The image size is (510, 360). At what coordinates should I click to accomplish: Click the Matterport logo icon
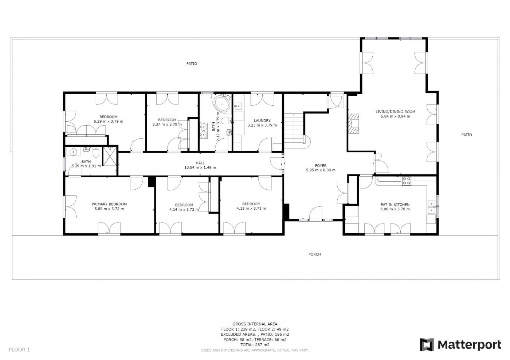[x=427, y=344]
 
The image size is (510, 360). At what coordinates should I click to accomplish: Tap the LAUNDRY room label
[x=262, y=120]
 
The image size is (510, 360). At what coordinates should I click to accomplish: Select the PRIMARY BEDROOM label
[x=109, y=204]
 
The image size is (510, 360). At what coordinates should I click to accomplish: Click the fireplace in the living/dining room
[x=353, y=123]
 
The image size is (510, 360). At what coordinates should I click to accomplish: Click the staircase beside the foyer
[x=294, y=131]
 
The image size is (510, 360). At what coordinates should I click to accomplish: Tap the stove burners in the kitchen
[x=407, y=181]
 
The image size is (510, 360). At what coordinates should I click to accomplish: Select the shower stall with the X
[x=110, y=156]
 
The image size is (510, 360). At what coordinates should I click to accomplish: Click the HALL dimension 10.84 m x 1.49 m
[x=200, y=167]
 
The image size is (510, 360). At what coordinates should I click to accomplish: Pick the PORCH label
[x=315, y=254]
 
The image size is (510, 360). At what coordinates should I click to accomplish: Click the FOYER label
[x=321, y=166]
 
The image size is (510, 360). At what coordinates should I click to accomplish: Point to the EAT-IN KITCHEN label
[x=395, y=205]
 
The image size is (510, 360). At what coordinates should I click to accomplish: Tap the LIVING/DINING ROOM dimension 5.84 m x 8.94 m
[x=396, y=116]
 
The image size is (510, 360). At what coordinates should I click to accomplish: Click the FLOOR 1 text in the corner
[x=19, y=349]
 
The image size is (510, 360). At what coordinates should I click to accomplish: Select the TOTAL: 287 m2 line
[x=255, y=345]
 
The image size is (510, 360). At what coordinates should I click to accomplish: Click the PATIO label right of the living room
[x=467, y=135]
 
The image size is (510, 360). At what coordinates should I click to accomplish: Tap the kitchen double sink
[x=432, y=207]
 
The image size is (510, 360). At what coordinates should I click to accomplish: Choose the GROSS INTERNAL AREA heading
[x=255, y=324]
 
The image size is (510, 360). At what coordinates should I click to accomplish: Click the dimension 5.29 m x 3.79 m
[x=109, y=122]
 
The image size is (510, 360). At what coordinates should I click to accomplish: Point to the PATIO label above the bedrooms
[x=192, y=64]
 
